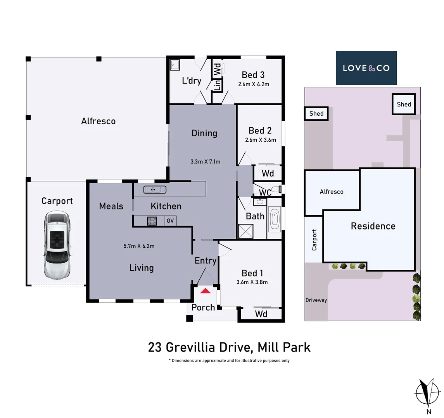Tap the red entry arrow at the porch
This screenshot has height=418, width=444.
(206, 290)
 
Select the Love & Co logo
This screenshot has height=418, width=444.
(366, 68)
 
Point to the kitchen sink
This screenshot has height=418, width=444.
(155, 190)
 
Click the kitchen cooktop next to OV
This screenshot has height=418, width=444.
(152, 221)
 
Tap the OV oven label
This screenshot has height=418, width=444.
(170, 221)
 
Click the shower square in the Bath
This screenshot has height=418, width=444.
(245, 231)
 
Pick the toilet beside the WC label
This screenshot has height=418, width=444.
(276, 189)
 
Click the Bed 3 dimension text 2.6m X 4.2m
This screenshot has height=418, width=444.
(254, 84)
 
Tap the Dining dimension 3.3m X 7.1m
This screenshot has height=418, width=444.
(206, 161)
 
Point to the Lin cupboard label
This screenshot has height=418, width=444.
(217, 85)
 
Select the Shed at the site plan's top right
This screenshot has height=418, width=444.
(404, 104)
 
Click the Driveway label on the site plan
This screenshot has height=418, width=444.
(316, 300)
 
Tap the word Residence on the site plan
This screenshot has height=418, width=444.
(373, 226)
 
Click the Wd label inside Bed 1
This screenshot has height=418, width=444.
(261, 314)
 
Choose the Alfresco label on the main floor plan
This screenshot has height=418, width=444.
(98, 121)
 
